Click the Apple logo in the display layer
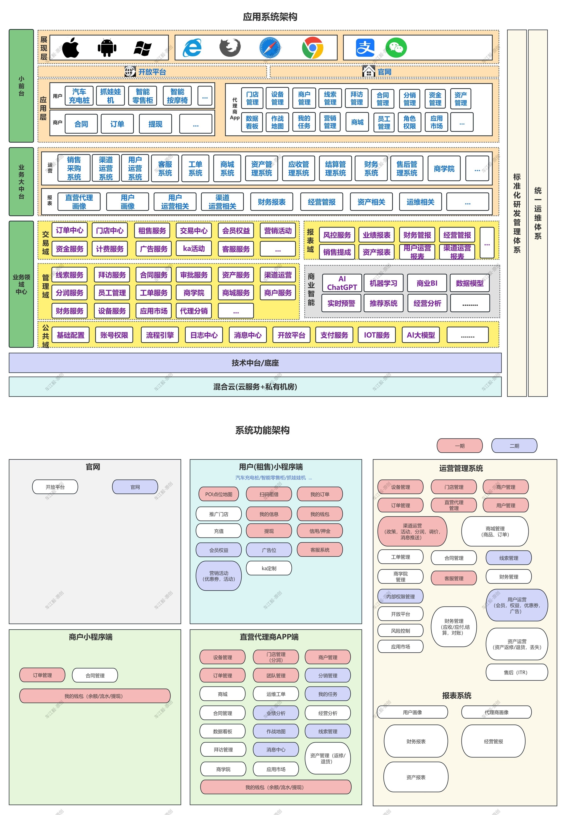click(70, 48)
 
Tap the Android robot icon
click(107, 48)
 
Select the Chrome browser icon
click(312, 48)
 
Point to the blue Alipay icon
click(365, 48)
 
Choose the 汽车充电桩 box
click(79, 96)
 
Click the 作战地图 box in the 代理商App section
click(277, 122)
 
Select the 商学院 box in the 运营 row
click(444, 169)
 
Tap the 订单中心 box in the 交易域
click(70, 230)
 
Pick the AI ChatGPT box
click(342, 283)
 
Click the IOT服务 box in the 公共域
click(377, 335)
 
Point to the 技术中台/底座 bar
click(255, 363)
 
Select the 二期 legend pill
click(514, 446)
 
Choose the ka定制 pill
click(269, 568)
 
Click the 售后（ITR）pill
click(516, 672)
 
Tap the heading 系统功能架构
click(263, 430)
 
